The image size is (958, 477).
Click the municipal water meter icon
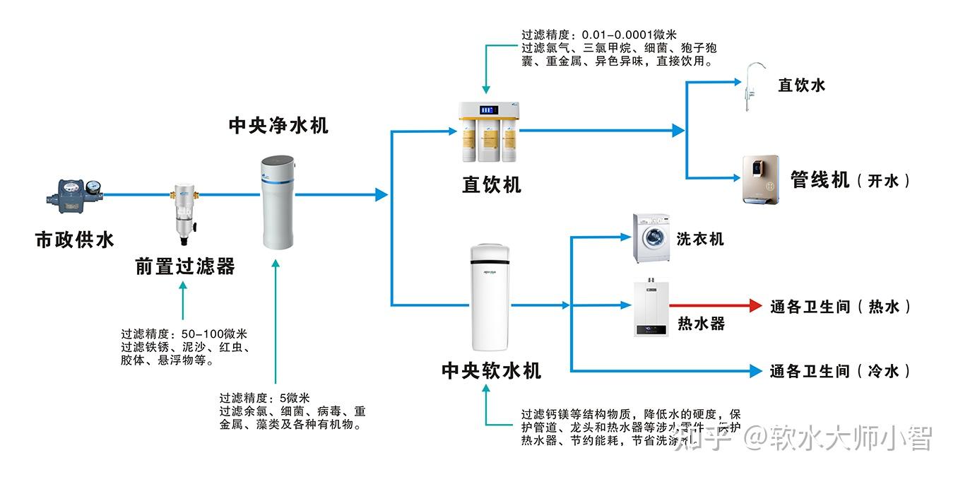click(x=75, y=193)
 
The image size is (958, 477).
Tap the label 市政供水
click(x=75, y=240)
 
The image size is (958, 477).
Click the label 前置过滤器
click(x=185, y=267)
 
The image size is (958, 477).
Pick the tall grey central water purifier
click(x=277, y=203)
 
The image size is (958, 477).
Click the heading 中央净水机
click(x=278, y=126)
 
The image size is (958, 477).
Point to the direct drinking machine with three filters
click(x=488, y=132)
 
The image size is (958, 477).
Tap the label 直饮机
click(x=492, y=185)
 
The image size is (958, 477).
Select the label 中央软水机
click(x=492, y=370)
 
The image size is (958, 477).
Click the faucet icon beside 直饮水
click(x=752, y=86)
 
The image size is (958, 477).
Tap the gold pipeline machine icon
click(x=759, y=179)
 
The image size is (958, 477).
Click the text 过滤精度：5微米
click(x=265, y=399)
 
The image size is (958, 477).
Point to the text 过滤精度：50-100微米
click(x=184, y=334)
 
